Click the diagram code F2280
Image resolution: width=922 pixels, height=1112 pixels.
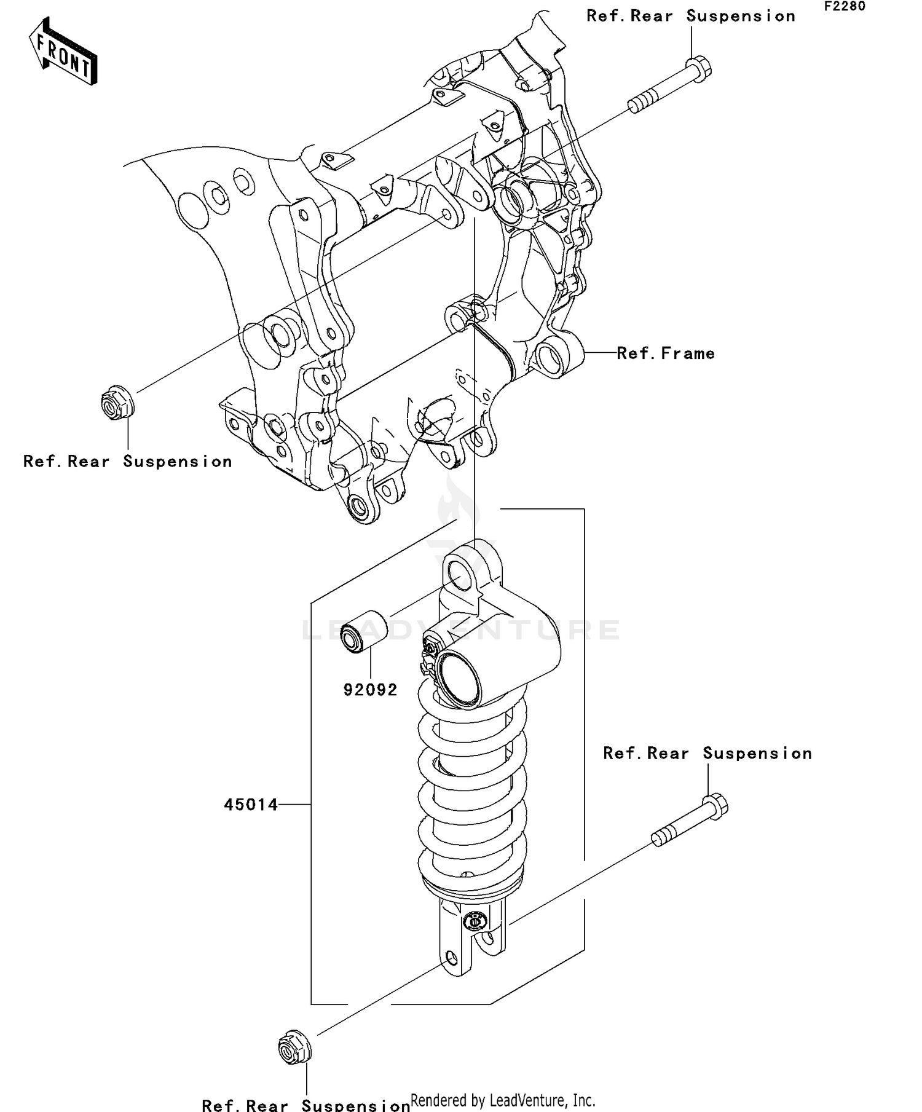click(x=845, y=7)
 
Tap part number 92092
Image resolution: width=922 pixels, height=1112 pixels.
click(x=370, y=690)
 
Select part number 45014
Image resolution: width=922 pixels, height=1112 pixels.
click(x=251, y=804)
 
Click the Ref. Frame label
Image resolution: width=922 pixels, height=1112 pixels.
click(x=666, y=353)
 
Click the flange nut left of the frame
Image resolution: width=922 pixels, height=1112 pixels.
click(x=117, y=403)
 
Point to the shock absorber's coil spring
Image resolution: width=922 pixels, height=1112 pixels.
click(x=472, y=793)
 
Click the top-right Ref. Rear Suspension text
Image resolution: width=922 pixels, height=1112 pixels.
click(x=691, y=16)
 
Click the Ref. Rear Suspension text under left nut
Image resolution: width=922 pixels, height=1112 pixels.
click(x=128, y=462)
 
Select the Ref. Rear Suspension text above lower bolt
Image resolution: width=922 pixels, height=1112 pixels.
click(x=707, y=754)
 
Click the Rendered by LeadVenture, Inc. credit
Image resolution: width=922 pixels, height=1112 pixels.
click(x=503, y=1100)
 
